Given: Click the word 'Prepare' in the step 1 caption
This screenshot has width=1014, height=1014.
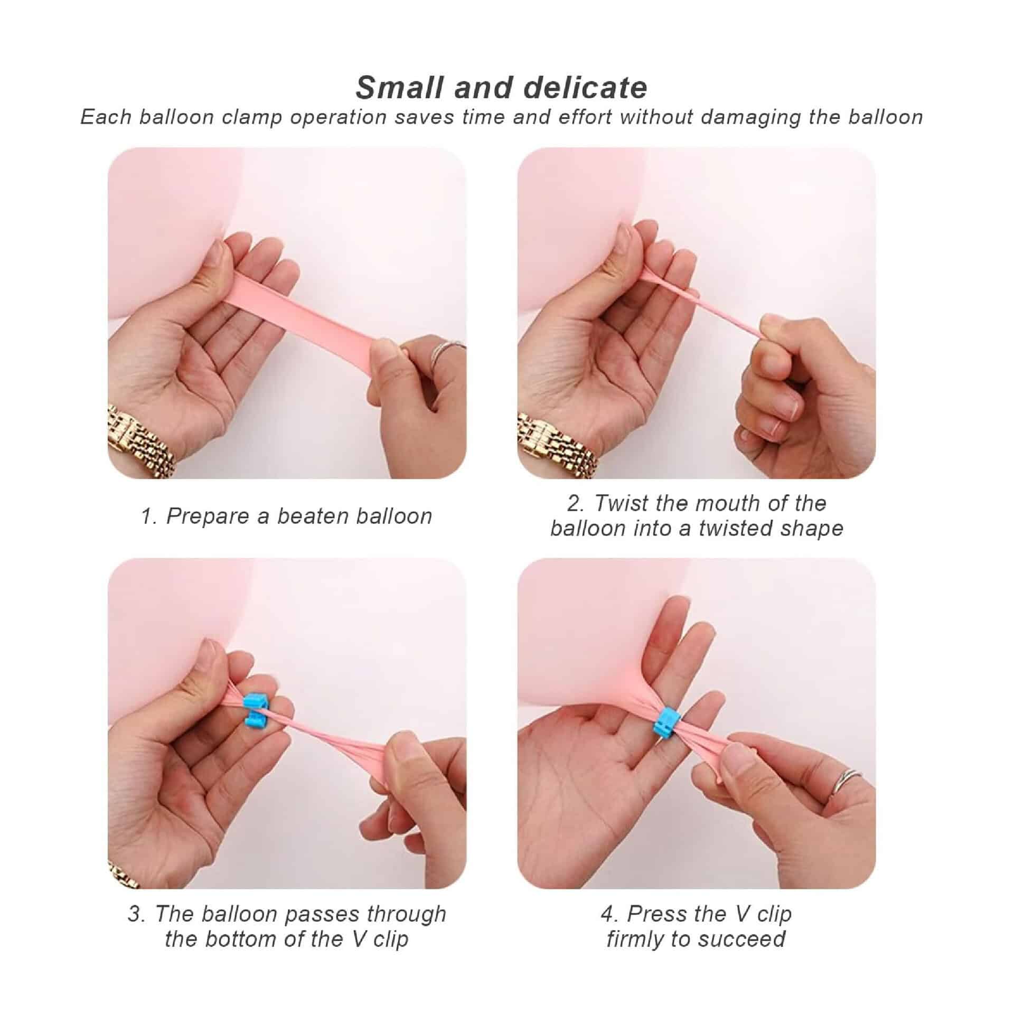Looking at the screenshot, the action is [208, 517].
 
